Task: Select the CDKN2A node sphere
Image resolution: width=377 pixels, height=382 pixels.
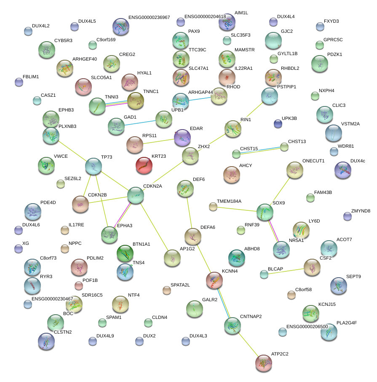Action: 136,196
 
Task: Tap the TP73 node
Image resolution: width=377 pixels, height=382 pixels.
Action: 93,167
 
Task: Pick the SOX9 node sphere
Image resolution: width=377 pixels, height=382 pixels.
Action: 265,212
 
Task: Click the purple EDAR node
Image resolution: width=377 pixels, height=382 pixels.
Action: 182,138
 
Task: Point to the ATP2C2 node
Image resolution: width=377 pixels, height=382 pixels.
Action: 264,363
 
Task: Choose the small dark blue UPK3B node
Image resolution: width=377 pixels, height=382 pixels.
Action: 278,123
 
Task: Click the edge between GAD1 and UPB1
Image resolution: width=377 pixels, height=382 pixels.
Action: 139,123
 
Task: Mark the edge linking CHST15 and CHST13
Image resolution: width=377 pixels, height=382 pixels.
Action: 260,151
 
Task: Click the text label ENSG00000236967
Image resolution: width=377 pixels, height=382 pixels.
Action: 149,18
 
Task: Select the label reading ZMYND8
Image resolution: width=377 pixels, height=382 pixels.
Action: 361,211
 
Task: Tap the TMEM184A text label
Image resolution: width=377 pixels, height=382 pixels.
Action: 229,201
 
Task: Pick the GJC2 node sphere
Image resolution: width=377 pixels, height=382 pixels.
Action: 273,40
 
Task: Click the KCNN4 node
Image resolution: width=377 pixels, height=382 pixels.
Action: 214,280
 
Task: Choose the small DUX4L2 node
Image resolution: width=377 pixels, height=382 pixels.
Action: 28,31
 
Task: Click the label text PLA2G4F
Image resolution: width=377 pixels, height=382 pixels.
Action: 347,323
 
